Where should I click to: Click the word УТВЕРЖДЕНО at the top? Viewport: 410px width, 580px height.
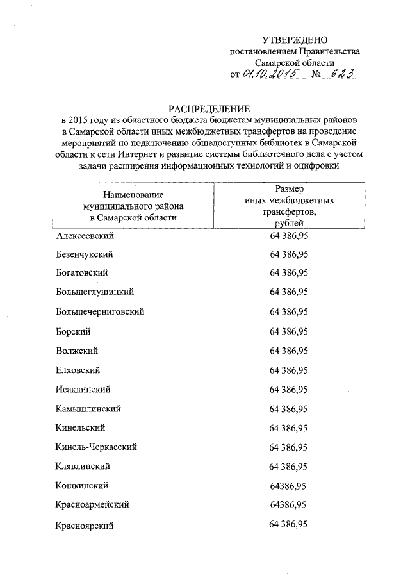295,40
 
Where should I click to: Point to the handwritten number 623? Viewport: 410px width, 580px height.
340,74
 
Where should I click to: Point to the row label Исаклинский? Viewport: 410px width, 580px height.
84,389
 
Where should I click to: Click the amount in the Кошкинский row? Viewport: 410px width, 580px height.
288,485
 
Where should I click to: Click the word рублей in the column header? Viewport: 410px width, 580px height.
289,222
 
